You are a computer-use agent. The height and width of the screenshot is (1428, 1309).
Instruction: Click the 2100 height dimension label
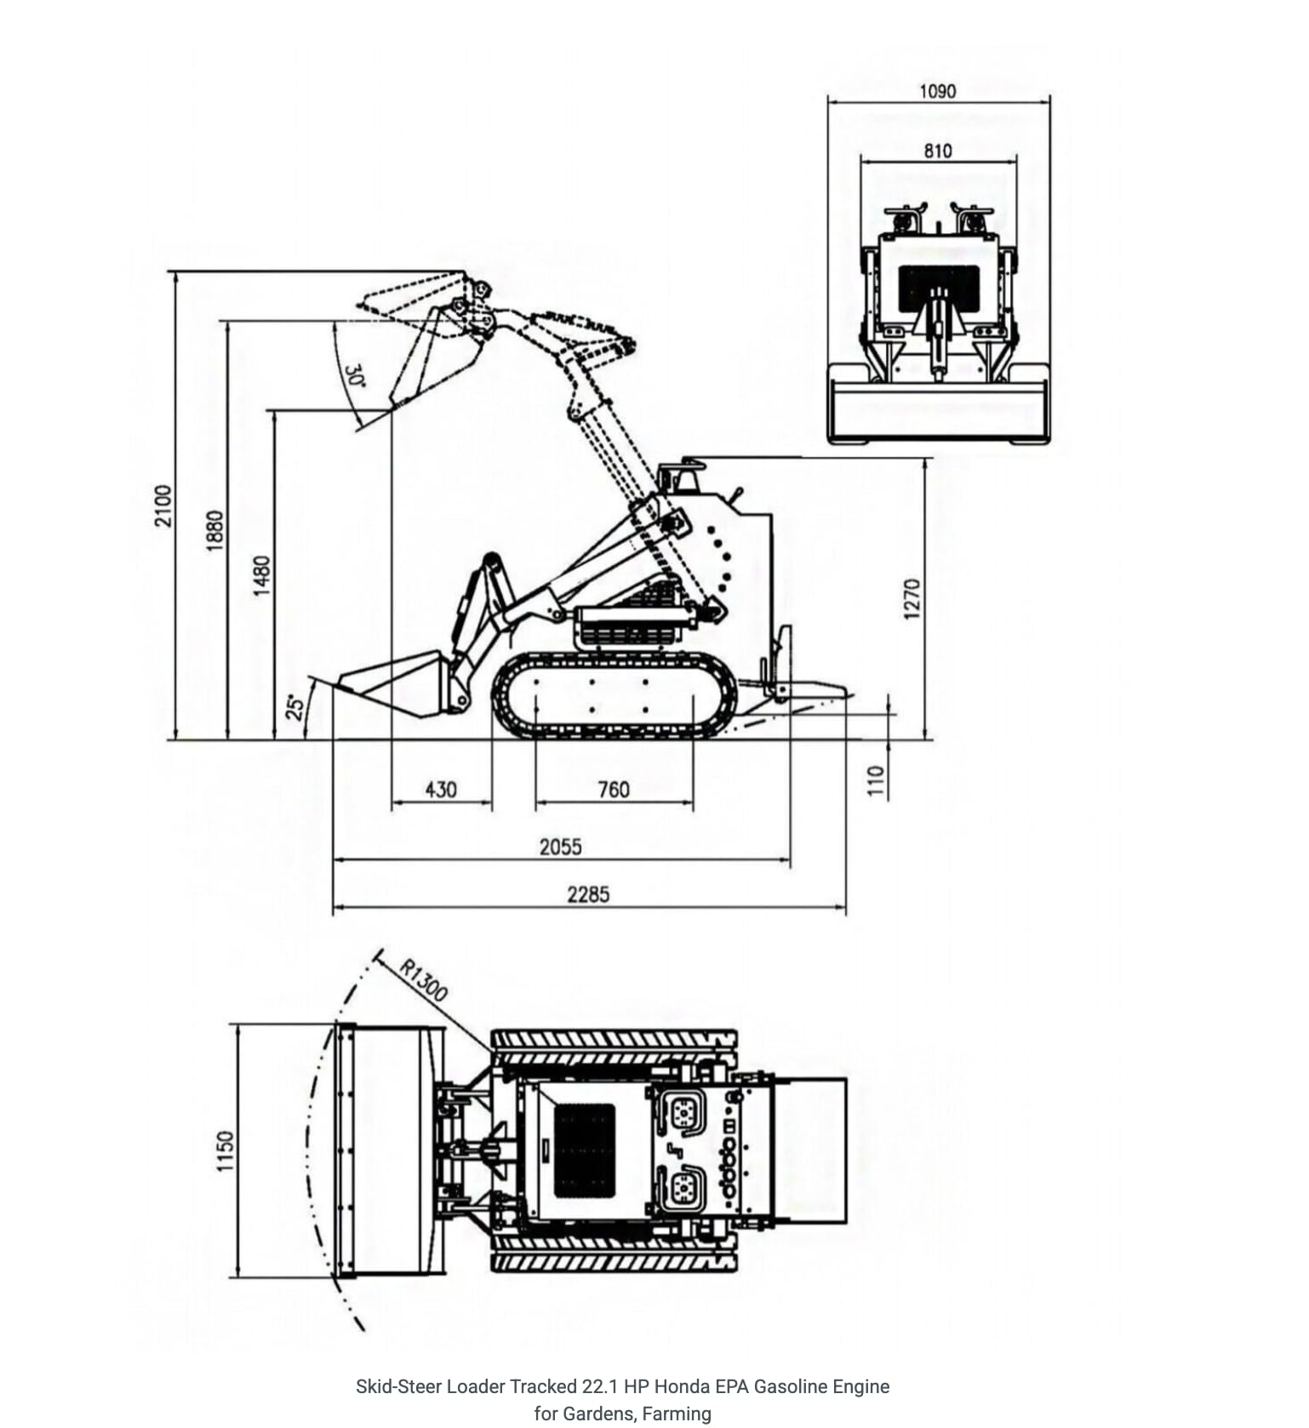click(x=163, y=506)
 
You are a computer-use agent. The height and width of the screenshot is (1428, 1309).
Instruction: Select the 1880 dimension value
click(x=214, y=530)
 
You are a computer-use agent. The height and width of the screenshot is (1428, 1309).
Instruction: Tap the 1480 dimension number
click(x=261, y=575)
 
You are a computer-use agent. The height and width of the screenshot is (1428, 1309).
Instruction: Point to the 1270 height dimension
click(x=912, y=598)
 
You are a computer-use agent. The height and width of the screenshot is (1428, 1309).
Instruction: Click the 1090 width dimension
click(x=937, y=91)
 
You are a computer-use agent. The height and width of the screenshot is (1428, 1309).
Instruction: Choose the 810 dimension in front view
click(x=937, y=151)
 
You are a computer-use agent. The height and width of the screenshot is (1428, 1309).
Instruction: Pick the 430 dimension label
click(x=441, y=790)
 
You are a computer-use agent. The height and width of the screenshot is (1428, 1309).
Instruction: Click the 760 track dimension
click(x=614, y=790)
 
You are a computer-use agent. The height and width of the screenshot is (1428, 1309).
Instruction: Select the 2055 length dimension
click(x=561, y=847)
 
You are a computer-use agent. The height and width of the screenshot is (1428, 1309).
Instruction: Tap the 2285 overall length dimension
click(x=588, y=894)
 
